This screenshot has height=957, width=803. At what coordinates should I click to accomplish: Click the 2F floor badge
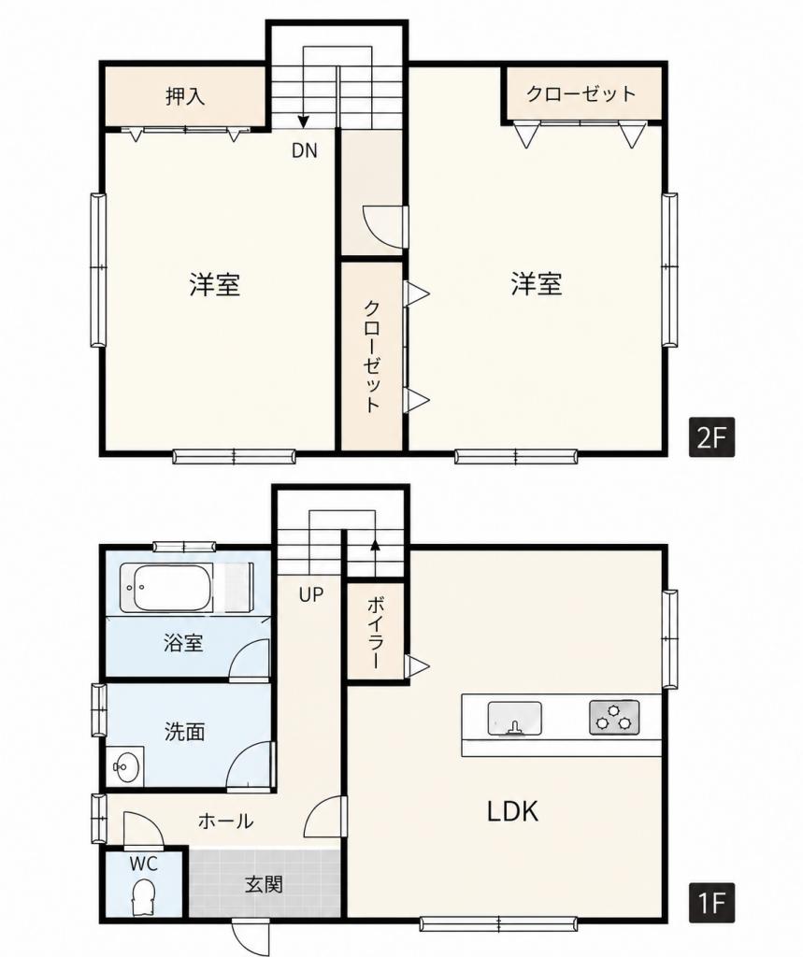point(711,437)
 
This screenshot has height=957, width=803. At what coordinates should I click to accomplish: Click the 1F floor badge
point(711,903)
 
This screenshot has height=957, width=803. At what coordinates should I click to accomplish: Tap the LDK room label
point(513,812)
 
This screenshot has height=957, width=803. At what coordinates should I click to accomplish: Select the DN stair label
point(305,150)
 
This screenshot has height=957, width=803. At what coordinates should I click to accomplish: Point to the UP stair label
point(310,594)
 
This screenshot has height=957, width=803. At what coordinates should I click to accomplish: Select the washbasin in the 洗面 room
point(126,766)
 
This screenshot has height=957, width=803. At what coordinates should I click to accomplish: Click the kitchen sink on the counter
point(515,718)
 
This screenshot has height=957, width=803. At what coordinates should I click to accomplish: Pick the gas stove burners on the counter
point(614,717)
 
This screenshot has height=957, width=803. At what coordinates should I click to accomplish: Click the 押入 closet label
point(185,96)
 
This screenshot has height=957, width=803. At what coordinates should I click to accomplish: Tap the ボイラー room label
point(374,633)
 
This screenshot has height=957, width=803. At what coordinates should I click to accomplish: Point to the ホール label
point(225,821)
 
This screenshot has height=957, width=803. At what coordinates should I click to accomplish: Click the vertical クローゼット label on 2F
point(372,357)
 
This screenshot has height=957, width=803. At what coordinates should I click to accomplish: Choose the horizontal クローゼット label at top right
point(581,94)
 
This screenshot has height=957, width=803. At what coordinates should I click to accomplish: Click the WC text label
point(144,864)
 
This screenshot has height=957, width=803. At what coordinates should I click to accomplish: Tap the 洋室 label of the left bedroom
point(214,285)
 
